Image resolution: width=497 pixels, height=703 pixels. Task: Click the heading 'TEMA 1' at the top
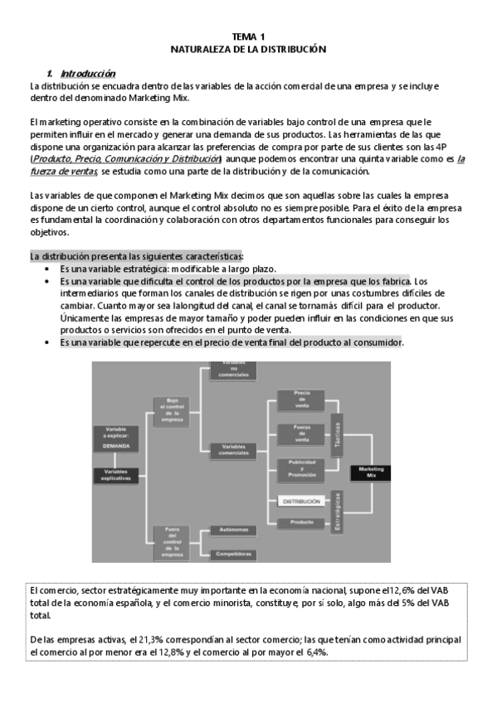click(248, 36)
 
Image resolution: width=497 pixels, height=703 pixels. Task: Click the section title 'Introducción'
click(88, 73)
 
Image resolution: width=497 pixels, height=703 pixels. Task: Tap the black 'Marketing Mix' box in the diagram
click(372, 472)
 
